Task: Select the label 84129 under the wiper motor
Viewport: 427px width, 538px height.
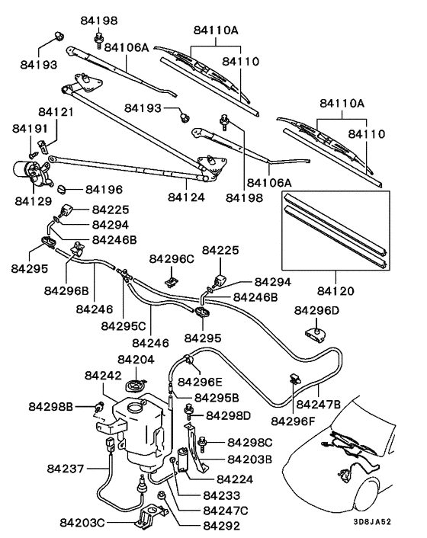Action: coord(33,200)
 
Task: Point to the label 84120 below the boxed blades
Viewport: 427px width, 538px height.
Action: coord(336,290)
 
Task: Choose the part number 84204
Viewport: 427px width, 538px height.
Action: coord(136,358)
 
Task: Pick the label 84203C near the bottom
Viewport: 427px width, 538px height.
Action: coord(85,523)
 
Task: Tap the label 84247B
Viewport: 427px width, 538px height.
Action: coord(318,403)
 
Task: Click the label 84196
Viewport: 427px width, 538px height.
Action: coord(104,188)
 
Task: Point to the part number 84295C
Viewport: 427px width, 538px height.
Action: coord(124,325)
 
